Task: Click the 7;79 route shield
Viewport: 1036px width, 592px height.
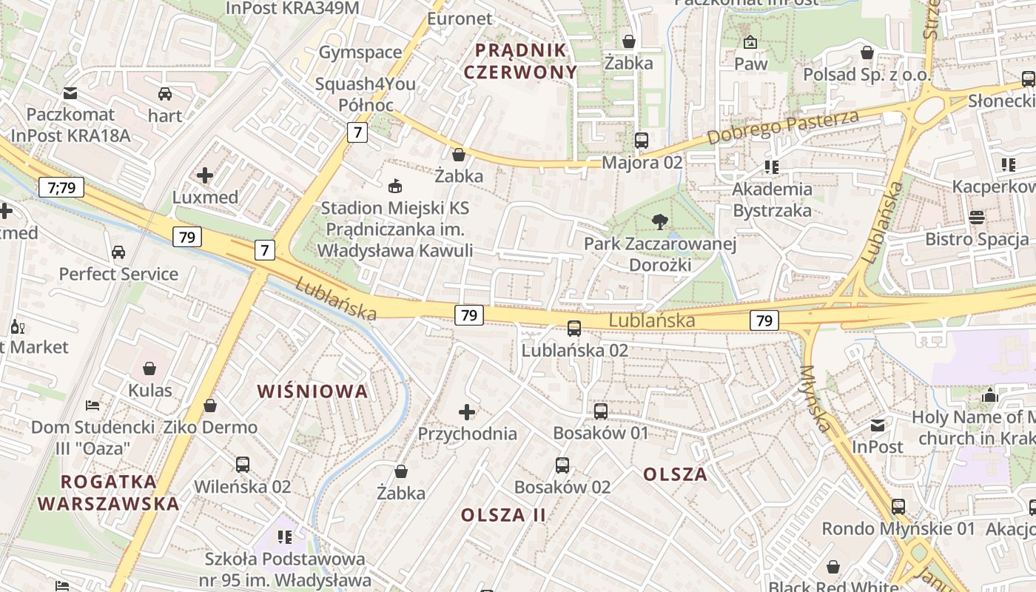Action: click(61, 188)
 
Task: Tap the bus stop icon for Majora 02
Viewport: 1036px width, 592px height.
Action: click(642, 140)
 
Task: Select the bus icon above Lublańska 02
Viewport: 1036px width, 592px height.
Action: click(574, 328)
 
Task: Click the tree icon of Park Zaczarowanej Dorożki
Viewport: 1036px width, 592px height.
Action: click(659, 221)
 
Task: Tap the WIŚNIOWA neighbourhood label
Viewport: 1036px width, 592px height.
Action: click(312, 391)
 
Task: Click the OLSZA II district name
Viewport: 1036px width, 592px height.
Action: click(503, 514)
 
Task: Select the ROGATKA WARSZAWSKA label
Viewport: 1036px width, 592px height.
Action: click(109, 493)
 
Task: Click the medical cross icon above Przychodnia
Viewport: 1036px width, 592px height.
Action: click(467, 411)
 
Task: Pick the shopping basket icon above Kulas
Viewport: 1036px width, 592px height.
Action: click(149, 369)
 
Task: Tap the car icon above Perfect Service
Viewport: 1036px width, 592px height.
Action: click(118, 252)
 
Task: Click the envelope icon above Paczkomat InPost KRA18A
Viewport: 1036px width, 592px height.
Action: click(70, 93)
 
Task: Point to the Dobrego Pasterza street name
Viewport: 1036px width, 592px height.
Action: click(783, 127)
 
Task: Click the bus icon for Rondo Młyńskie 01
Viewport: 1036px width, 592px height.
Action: click(898, 507)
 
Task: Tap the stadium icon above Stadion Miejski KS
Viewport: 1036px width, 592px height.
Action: click(395, 186)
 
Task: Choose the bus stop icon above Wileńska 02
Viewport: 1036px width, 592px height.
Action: click(243, 465)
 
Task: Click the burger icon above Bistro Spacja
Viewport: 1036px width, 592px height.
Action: click(977, 218)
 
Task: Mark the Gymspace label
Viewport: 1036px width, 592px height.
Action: click(360, 52)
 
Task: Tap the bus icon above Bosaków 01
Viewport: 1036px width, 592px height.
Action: click(601, 411)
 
